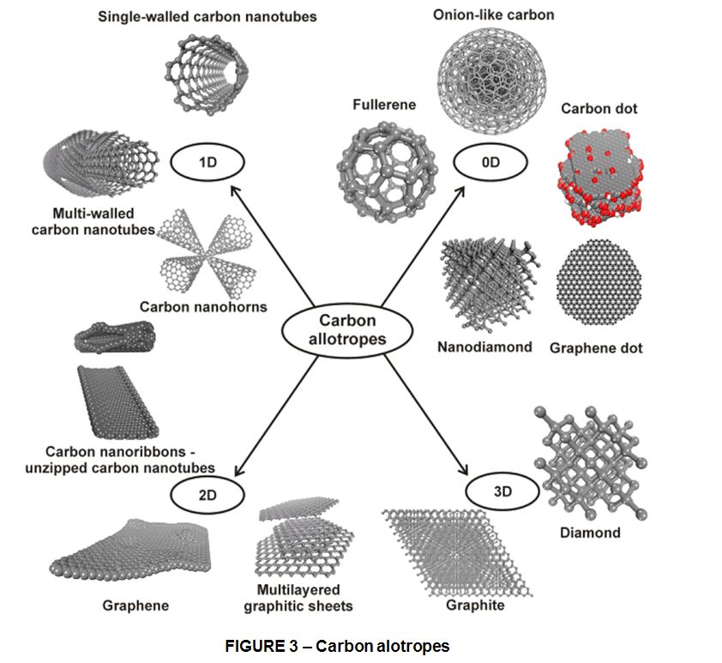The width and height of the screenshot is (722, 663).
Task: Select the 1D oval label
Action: pyautogui.click(x=208, y=161)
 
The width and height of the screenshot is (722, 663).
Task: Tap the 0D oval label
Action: pyautogui.click(x=491, y=161)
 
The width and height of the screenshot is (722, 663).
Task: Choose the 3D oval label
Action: pyautogui.click(x=502, y=492)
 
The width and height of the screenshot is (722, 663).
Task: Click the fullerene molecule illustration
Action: pyautogui.click(x=377, y=167)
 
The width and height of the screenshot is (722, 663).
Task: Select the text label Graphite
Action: pyautogui.click(x=474, y=606)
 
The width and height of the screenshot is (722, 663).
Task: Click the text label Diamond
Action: pyautogui.click(x=589, y=533)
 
